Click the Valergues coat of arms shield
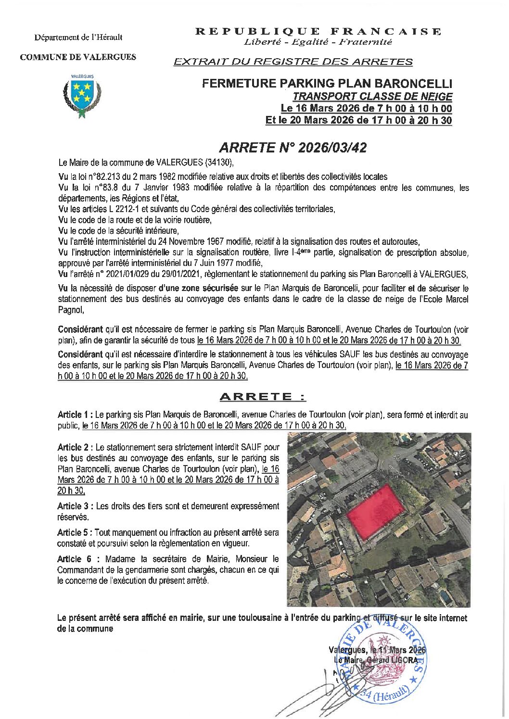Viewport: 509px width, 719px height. coord(82,92)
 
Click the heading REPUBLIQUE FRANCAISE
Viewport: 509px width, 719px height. coord(318,32)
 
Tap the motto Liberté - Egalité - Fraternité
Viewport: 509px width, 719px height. coord(318,42)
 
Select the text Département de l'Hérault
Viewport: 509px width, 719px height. coord(78,37)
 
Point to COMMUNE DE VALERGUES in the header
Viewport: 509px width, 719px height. coord(78,57)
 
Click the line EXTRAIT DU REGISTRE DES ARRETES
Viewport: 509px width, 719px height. coord(293,62)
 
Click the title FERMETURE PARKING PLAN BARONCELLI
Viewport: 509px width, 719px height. coord(327,84)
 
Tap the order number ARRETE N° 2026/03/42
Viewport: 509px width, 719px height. coord(293,147)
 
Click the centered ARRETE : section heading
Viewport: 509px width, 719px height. coord(263,397)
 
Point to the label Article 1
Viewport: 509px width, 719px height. coord(75,415)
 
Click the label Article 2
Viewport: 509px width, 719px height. coord(75,447)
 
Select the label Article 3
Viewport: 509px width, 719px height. coord(75,506)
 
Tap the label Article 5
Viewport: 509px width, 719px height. coord(75,532)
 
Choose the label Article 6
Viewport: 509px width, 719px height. coord(76,559)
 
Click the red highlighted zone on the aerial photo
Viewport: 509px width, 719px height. coord(376,511)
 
